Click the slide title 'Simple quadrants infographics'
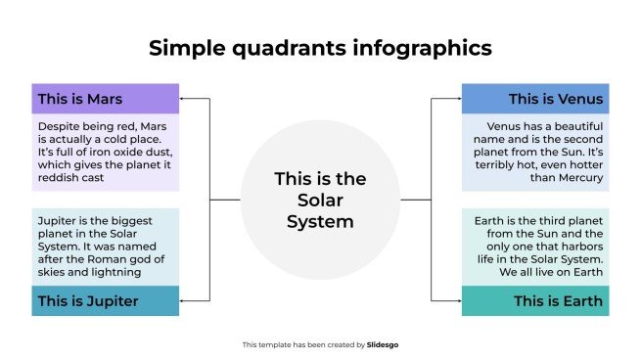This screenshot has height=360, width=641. point(320,48)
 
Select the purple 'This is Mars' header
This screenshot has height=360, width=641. point(106,99)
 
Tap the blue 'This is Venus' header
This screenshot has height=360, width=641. point(534,99)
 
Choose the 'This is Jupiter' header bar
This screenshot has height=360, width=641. point(106,300)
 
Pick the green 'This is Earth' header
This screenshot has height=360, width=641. point(534,300)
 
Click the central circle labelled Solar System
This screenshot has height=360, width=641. point(320,200)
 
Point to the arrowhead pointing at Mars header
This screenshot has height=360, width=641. point(183,99)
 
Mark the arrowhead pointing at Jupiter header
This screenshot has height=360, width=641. point(183,300)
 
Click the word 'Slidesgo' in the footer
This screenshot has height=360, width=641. point(383,344)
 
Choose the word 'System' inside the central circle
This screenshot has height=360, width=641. point(320,221)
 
